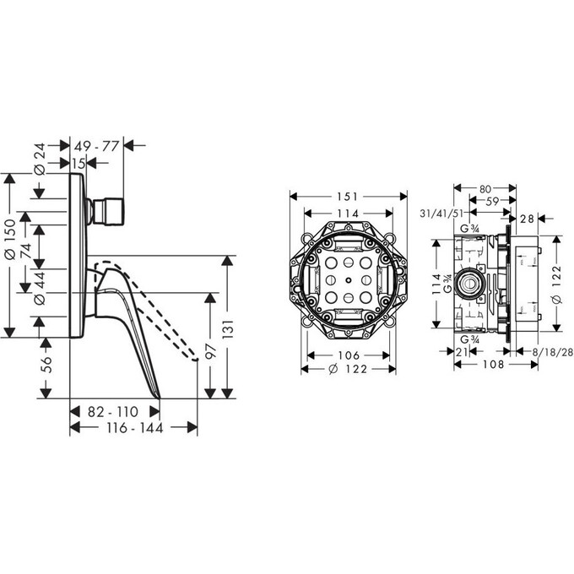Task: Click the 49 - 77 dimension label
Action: [x=96, y=146]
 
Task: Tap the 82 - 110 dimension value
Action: [x=113, y=411]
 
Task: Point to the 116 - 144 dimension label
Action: [x=135, y=428]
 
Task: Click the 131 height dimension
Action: [x=227, y=329]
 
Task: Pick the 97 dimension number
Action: [x=211, y=350]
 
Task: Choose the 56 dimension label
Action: [x=46, y=365]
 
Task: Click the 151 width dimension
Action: [x=347, y=197]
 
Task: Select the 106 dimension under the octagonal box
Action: [x=349, y=355]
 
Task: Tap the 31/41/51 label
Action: [x=441, y=213]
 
